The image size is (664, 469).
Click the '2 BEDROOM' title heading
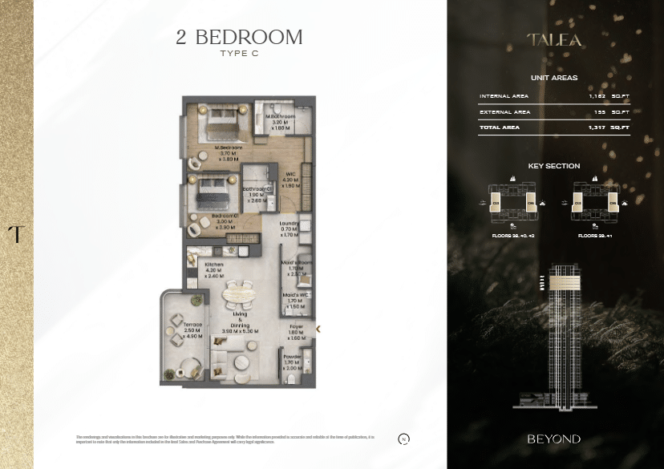(x=239, y=37)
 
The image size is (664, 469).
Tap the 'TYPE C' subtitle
(x=239, y=54)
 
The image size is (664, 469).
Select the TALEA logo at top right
(x=554, y=39)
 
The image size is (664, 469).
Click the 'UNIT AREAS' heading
(x=554, y=78)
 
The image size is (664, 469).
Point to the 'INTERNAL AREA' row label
(x=504, y=96)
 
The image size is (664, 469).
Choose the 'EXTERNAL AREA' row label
(x=504, y=112)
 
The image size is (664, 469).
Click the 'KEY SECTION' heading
(x=554, y=166)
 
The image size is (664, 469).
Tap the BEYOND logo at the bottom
(x=554, y=439)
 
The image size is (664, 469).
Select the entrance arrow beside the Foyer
(x=318, y=329)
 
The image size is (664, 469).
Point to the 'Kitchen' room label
(x=213, y=265)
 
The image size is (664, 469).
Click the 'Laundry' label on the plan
(x=289, y=224)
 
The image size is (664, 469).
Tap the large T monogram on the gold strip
(x=15, y=234)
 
